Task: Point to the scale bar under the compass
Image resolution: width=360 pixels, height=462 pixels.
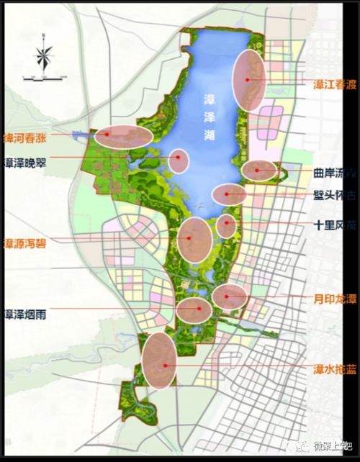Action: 45,75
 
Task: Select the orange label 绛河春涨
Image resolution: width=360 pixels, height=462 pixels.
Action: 28,136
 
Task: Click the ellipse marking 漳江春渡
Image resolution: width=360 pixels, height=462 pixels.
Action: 250,80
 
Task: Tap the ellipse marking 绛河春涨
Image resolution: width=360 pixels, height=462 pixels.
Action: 124,135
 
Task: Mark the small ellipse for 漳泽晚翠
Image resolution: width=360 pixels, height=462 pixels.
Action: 178,160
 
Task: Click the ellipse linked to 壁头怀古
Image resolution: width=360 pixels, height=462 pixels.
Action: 229,194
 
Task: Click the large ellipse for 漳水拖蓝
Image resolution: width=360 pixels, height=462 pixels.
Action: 160,360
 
